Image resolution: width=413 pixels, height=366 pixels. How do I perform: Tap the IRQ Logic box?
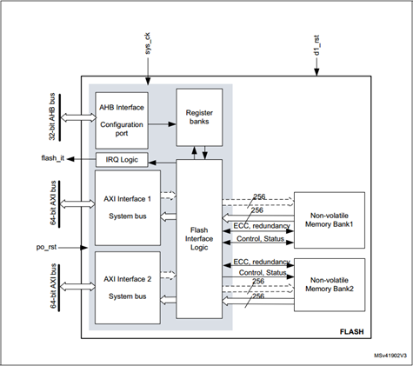coord(125,160)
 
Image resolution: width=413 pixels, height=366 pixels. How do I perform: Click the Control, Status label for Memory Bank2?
coord(259,272)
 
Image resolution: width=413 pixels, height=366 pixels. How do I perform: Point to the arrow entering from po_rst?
coord(77,247)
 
